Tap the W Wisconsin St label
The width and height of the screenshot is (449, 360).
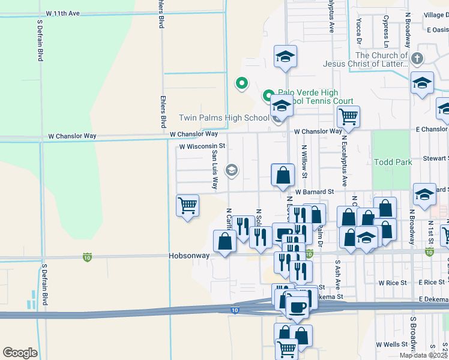[202, 146]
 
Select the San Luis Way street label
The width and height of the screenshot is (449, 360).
[214, 169]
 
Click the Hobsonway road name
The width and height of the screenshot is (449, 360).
[189, 256]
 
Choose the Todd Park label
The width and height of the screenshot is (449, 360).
[393, 162]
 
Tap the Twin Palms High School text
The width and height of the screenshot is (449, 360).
[224, 118]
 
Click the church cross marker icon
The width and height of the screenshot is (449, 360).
[417, 59]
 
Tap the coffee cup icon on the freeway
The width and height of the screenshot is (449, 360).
[297, 307]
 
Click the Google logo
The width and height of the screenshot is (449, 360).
[20, 353]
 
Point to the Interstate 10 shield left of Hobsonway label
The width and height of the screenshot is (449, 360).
[88, 257]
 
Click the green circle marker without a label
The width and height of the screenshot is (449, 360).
[241, 83]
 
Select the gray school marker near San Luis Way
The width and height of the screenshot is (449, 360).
[231, 171]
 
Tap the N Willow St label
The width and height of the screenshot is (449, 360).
[305, 161]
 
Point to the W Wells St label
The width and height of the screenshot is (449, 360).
[391, 344]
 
